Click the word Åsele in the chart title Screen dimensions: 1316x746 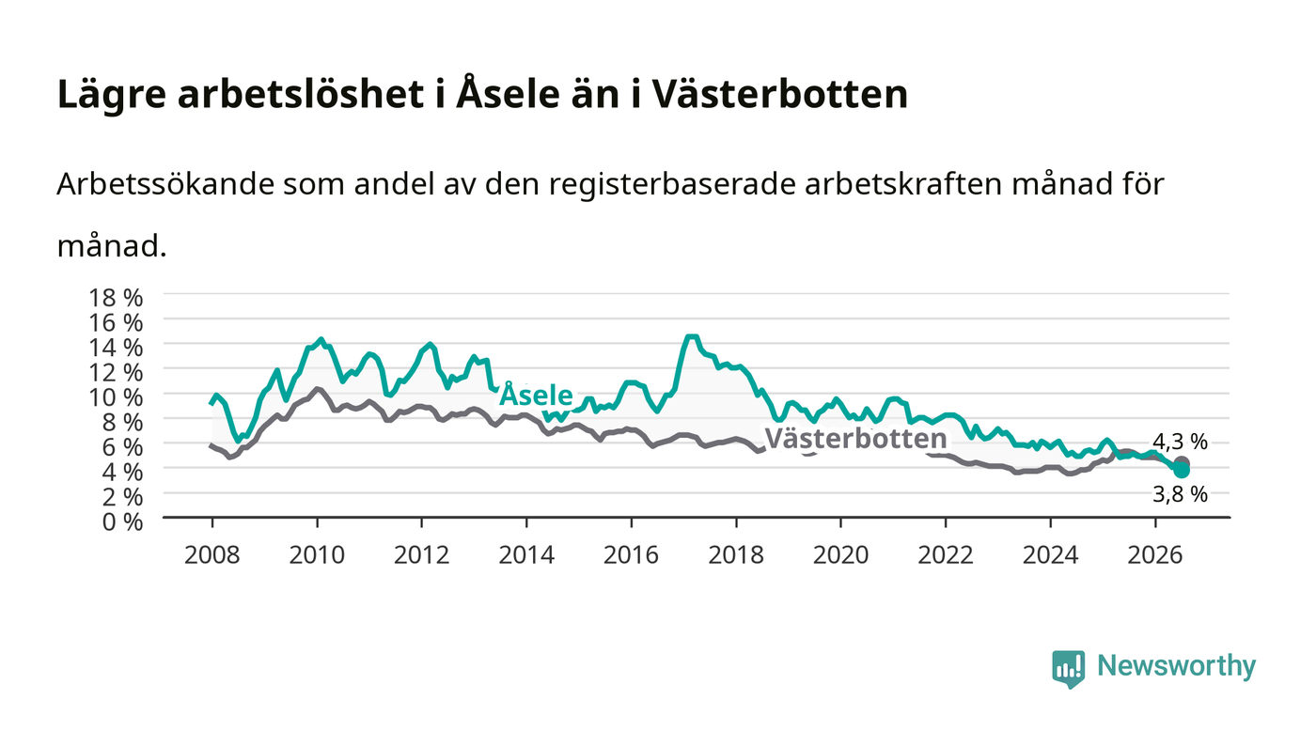click(x=508, y=93)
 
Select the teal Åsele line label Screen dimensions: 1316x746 click(x=536, y=395)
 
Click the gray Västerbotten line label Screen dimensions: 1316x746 click(x=856, y=438)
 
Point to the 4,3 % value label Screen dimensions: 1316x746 click(x=1180, y=442)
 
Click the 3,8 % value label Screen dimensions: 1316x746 click(x=1180, y=494)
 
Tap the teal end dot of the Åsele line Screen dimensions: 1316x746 click(x=1181, y=470)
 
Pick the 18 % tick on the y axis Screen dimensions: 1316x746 click(x=115, y=298)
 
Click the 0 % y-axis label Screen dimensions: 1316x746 click(x=122, y=521)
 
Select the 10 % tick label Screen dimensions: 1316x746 click(x=115, y=397)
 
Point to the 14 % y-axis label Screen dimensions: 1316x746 click(x=115, y=348)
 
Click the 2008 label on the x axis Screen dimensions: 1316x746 click(x=212, y=555)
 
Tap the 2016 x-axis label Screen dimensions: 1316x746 click(x=631, y=555)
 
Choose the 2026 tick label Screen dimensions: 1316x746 click(x=1155, y=555)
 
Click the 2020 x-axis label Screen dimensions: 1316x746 click(x=840, y=555)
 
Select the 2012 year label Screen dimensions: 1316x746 click(x=421, y=555)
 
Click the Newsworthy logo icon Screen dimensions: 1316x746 click(x=1069, y=669)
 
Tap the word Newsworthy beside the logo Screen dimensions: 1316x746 click(x=1176, y=665)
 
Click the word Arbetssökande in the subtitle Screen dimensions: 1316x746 click(x=165, y=184)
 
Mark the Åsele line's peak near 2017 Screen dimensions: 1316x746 click(x=692, y=336)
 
